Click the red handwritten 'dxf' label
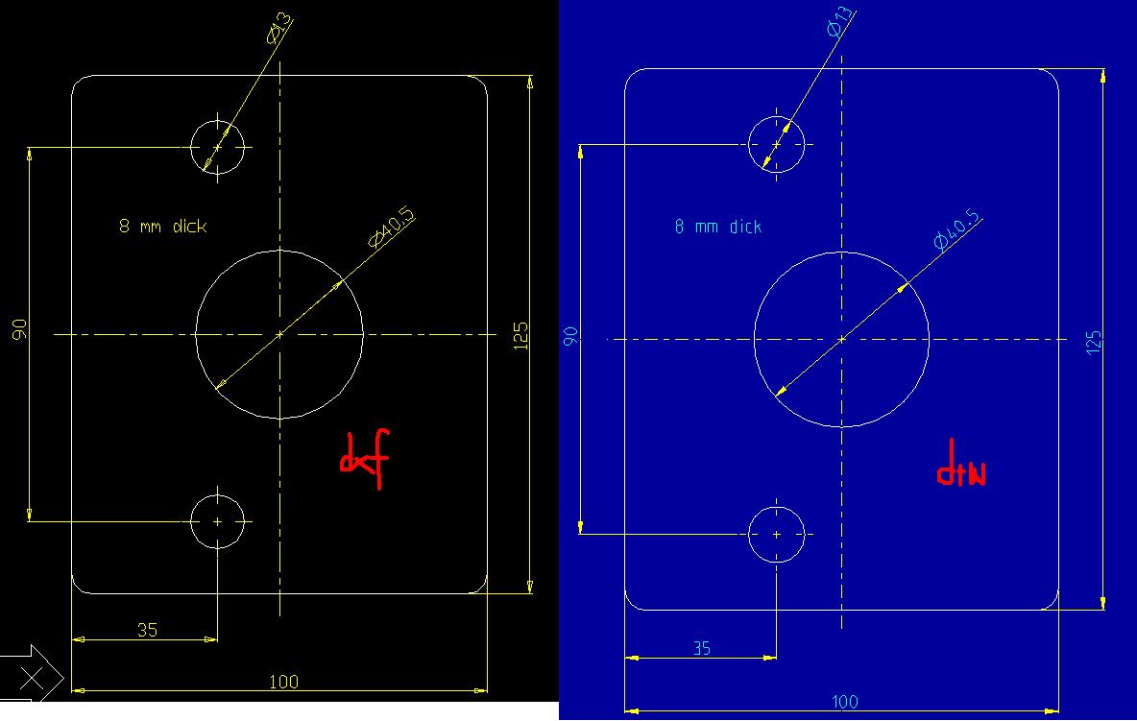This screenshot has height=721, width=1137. click(x=365, y=462)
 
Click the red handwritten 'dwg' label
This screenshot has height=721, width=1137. click(x=960, y=472)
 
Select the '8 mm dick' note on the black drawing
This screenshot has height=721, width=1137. click(x=162, y=227)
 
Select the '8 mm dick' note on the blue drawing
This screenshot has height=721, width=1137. click(x=717, y=227)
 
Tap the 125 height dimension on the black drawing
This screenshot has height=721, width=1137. click(x=521, y=335)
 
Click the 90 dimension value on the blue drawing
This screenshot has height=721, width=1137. click(x=570, y=336)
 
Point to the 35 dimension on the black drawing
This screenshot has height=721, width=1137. click(x=146, y=631)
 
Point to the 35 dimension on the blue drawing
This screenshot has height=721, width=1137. click(x=702, y=648)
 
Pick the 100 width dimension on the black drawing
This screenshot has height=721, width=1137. click(x=283, y=682)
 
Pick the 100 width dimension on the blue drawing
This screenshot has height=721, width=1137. click(x=844, y=702)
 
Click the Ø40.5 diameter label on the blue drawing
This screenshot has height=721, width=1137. click(x=957, y=229)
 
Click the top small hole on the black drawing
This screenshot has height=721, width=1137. click(x=218, y=148)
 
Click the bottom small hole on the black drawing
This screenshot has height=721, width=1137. click(x=218, y=521)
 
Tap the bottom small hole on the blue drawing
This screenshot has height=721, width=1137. click(x=776, y=534)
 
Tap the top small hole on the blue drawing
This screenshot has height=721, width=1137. click(x=776, y=144)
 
